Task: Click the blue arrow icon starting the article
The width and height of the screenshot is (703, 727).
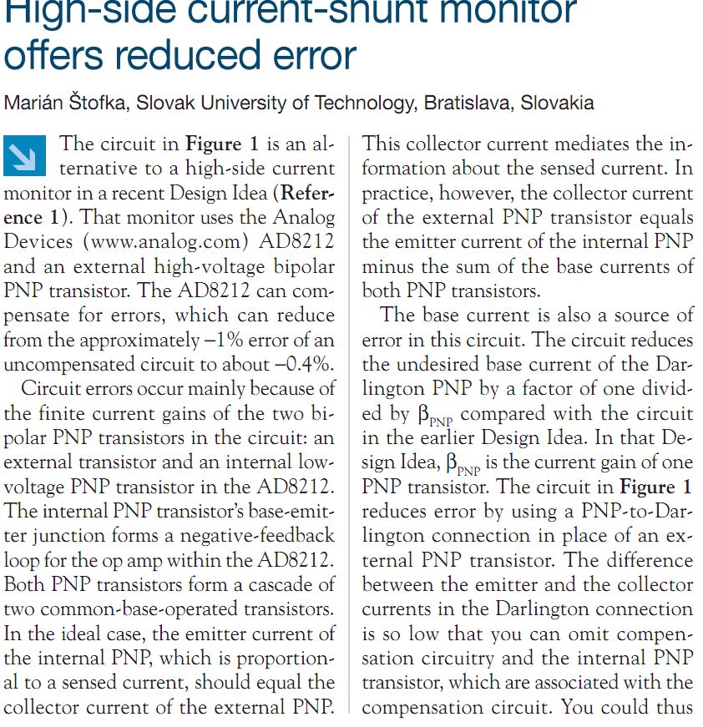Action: click(x=24, y=155)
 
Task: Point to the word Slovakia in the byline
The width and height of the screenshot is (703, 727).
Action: click(x=558, y=103)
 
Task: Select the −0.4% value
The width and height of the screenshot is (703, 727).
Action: click(x=302, y=364)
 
